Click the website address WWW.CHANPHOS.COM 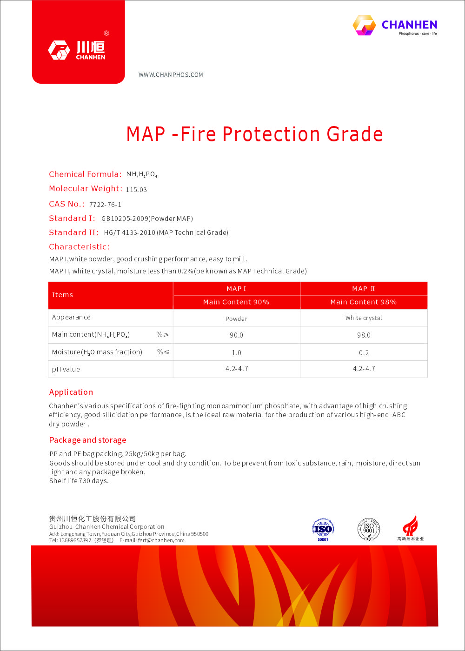click(171, 75)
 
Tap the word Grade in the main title click(355, 134)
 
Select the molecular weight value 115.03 click(136, 190)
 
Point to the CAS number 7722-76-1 click(105, 205)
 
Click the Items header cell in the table click(63, 295)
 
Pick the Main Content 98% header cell click(363, 302)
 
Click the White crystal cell click(363, 318)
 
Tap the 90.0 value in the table click(236, 335)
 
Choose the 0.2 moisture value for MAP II click(363, 353)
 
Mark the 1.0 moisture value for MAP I click(236, 353)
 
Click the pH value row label click(66, 369)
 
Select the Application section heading click(71, 392)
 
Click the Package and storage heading click(88, 440)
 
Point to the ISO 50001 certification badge click(323, 529)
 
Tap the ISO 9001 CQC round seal click(369, 529)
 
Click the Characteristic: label click(80, 247)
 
